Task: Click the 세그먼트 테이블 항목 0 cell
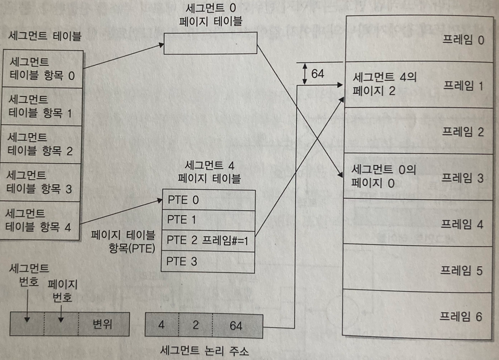point(42,68)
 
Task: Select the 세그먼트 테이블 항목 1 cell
point(42,107)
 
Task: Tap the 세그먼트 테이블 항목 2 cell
point(42,144)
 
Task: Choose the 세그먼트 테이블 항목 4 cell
point(42,220)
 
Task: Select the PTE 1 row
point(209,220)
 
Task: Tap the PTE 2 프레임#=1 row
point(209,241)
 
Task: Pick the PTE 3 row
point(209,261)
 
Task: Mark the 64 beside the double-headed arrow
point(318,74)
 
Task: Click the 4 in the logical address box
point(161,325)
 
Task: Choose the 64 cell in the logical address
point(236,325)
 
